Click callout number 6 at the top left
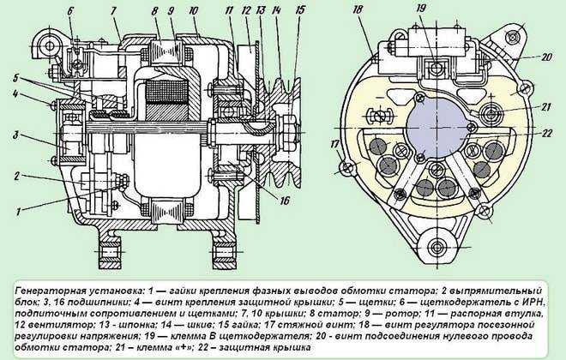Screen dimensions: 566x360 69,10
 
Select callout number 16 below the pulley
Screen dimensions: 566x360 285,201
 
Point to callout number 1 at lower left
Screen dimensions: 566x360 17,211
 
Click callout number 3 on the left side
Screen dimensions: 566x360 15,136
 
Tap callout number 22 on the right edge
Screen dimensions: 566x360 547,133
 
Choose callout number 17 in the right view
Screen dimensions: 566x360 335,145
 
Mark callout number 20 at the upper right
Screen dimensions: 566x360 547,57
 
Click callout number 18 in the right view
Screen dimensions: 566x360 357,9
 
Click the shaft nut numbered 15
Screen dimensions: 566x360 288,128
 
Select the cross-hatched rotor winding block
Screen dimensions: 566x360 165,93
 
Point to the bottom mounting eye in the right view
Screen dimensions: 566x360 437,248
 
